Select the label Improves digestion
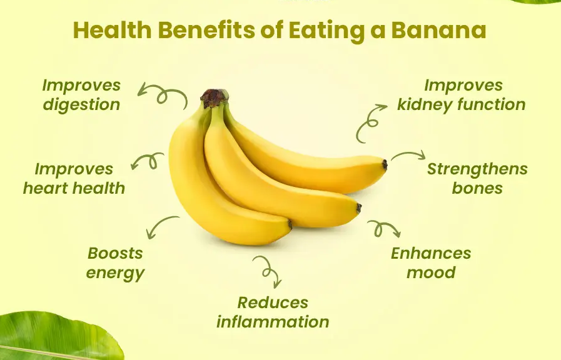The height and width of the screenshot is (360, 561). click(x=81, y=95)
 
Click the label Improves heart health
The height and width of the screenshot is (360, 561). click(x=74, y=179)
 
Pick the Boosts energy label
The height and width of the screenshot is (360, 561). click(x=115, y=263)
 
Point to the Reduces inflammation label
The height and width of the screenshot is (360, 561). click(x=273, y=312)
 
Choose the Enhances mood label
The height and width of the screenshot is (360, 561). click(x=431, y=263)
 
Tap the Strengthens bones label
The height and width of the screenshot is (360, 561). click(x=477, y=179)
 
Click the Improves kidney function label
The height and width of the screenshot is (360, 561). click(x=462, y=95)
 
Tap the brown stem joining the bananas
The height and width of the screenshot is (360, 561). click(x=214, y=98)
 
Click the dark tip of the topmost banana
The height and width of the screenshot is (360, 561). click(x=385, y=165)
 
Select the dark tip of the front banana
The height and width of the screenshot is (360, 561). click(x=290, y=224)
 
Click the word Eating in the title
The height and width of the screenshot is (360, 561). click(x=325, y=31)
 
